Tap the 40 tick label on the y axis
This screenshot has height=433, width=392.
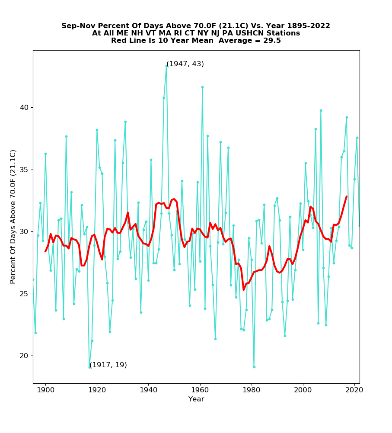coord(25,108)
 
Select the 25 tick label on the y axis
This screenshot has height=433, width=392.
coord(25,294)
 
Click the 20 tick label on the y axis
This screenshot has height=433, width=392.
coord(25,356)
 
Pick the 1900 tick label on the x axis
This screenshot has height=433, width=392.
coord(45,391)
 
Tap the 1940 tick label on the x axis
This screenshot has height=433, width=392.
coord(148,391)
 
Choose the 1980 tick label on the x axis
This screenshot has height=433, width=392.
coord(252,391)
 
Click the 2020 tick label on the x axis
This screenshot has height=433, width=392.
coord(354,391)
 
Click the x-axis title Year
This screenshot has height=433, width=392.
coord(196,399)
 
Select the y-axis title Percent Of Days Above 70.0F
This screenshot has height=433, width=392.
coord(13,216)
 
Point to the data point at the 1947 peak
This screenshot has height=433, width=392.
coord(166,66)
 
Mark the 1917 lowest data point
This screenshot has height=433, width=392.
coord(89,367)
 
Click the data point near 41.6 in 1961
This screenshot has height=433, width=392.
coord(202,87)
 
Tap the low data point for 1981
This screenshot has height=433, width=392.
coord(254,367)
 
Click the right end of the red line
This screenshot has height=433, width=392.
coord(347,196)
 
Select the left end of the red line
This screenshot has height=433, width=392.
coord(45,251)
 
